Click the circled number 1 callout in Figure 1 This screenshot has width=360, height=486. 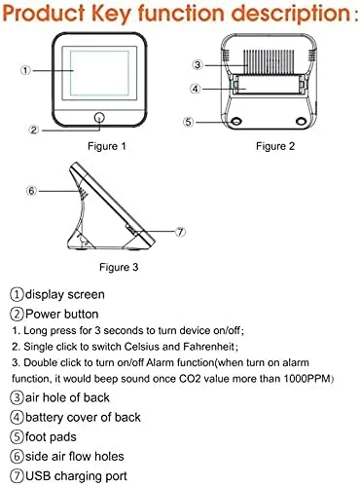tap(25, 70)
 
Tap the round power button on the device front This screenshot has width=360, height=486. tap(99, 118)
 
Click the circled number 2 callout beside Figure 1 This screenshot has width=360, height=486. tap(34, 131)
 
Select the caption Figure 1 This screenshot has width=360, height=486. tap(107, 146)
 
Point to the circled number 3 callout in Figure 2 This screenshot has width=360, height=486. tap(198, 65)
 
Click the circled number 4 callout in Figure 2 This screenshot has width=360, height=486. tap(195, 89)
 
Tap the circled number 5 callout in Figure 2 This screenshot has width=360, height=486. tap(188, 122)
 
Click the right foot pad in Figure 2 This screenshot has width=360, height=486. tap(302, 121)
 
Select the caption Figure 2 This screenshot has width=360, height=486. tap(275, 146)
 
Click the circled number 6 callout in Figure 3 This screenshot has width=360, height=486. tap(31, 191)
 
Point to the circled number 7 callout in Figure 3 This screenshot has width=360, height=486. tap(180, 232)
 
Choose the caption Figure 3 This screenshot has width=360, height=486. tap(119, 267)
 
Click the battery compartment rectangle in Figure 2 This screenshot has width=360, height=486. tap(269, 85)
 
